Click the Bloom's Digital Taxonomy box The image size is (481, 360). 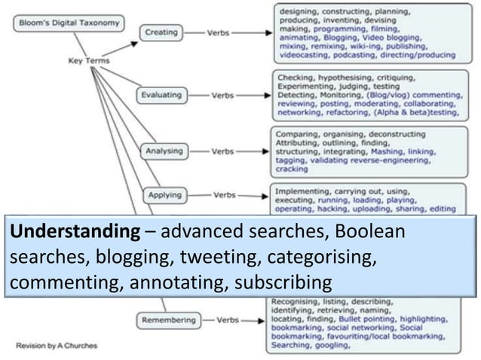[x=66, y=23]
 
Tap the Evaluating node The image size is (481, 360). [x=161, y=96]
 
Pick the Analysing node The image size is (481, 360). [x=164, y=151]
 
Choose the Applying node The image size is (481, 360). [x=164, y=195]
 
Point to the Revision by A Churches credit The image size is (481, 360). [x=57, y=346]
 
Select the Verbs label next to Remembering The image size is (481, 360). [x=228, y=320]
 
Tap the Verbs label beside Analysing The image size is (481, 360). [x=222, y=151]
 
